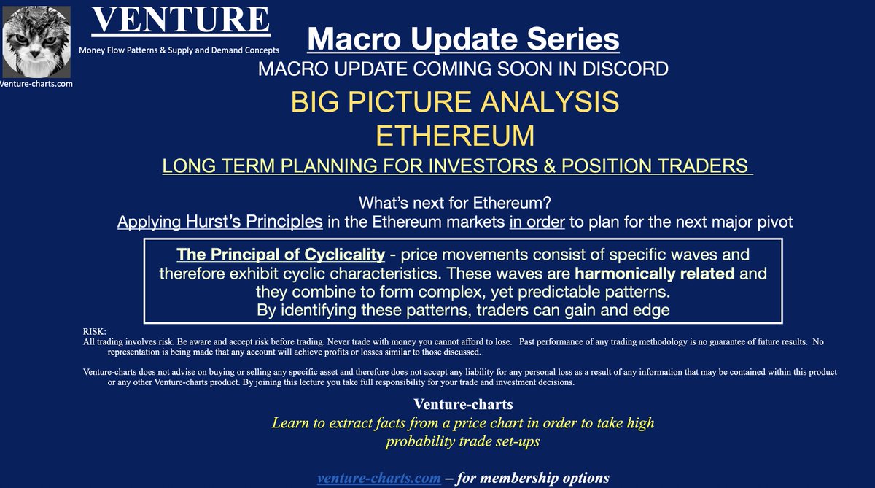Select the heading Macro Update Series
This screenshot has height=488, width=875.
(463, 39)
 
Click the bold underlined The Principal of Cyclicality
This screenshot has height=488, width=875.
(281, 255)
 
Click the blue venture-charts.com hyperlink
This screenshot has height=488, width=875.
(378, 479)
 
